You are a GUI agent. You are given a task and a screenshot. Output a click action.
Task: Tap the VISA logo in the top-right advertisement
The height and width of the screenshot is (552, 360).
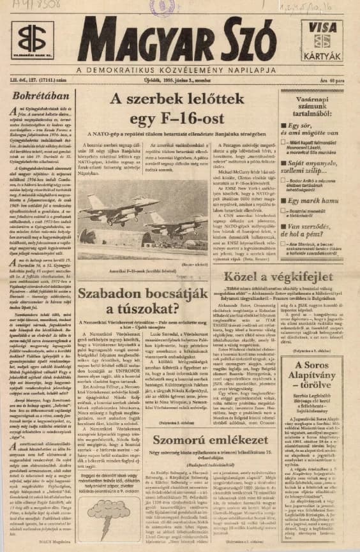tap(326, 27)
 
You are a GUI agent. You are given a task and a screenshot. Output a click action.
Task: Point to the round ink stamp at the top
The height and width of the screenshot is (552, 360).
tap(163, 8)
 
